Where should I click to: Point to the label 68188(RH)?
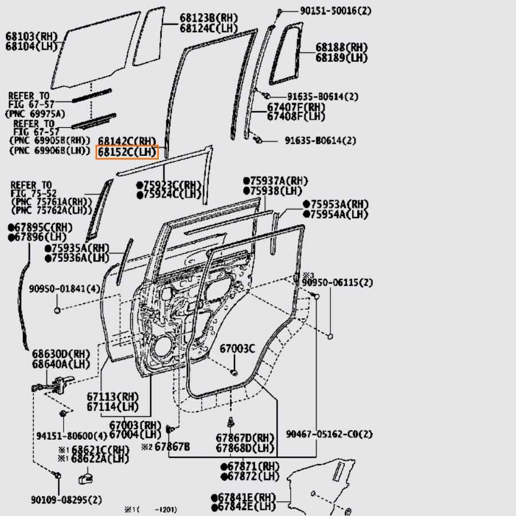tap(341, 48)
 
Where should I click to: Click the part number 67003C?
tap(237, 349)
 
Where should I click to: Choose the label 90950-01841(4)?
tap(57, 288)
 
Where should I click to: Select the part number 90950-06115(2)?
tap(338, 283)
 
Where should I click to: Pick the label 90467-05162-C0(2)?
tap(329, 434)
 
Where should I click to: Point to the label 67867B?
tap(172, 447)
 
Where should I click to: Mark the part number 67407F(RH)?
tap(296, 107)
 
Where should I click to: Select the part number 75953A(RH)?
tap(339, 205)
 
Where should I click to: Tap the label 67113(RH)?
tap(113, 397)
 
